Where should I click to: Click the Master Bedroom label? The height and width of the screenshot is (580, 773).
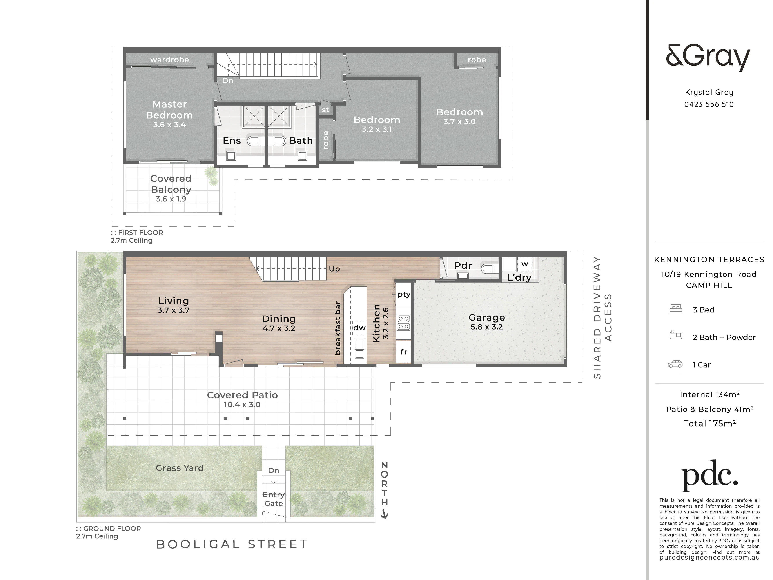click(x=169, y=109)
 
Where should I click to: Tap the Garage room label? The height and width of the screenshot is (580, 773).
click(x=486, y=317)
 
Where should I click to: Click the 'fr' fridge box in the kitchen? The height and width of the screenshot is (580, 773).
click(x=404, y=352)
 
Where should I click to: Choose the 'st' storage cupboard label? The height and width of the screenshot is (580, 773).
click(x=325, y=110)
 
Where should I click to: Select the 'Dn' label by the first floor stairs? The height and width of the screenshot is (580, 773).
click(x=227, y=81)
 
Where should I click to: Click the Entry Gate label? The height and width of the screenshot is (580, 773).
click(x=274, y=499)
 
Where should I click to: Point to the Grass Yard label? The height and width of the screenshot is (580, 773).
click(x=180, y=468)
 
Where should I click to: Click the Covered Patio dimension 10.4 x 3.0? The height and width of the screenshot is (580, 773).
click(x=242, y=405)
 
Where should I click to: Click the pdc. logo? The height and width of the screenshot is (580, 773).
click(x=709, y=476)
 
